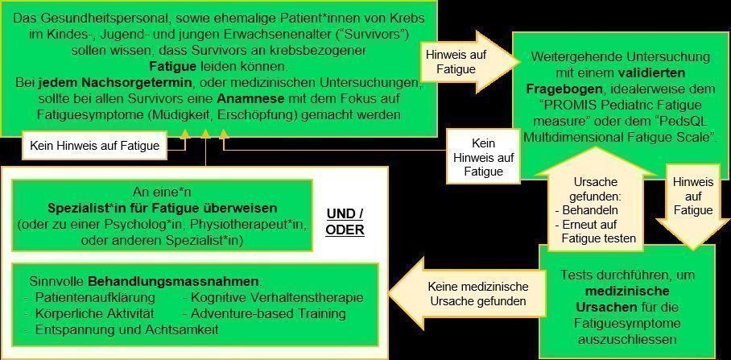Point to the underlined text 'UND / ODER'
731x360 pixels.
coord(345,221)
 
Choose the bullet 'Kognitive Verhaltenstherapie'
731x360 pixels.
coord(278,299)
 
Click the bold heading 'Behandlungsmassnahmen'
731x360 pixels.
coord(172,282)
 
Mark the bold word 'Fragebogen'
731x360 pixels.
coord(563,89)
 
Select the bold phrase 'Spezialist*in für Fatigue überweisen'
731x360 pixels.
coord(161,209)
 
